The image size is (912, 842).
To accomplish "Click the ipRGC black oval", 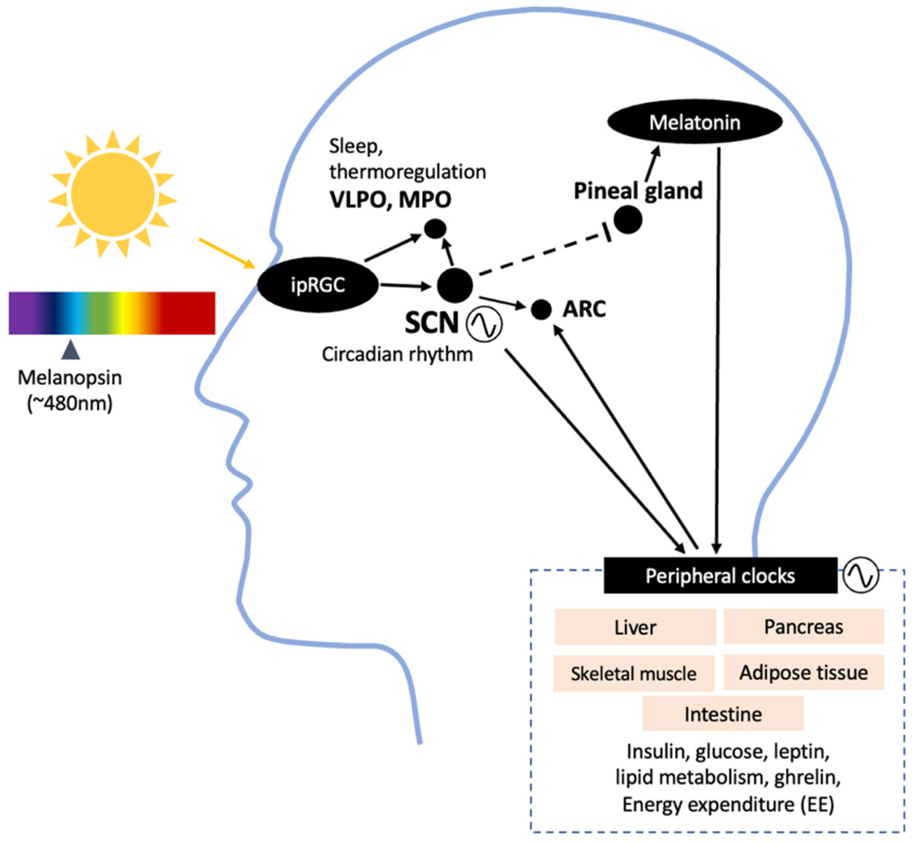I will tap(318, 285).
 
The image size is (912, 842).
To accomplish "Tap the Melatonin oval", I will tap(695, 122).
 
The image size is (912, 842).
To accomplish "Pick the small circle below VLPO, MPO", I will tap(435, 229).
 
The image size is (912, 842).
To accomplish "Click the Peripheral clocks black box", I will tap(720, 575).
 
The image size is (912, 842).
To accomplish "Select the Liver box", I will tap(635, 627).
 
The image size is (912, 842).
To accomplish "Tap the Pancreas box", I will tap(804, 627).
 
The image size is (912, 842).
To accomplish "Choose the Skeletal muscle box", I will tap(634, 673).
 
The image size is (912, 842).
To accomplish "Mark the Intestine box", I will tap(723, 714).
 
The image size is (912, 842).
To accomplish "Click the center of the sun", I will tap(112, 194).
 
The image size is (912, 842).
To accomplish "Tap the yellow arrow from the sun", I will tap(226, 253).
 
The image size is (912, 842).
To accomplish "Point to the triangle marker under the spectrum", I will tap(71, 350).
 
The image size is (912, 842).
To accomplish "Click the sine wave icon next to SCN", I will tap(484, 324).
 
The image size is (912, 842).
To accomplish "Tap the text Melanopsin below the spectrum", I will tap(70, 378).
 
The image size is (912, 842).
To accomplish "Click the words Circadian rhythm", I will tap(397, 354).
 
